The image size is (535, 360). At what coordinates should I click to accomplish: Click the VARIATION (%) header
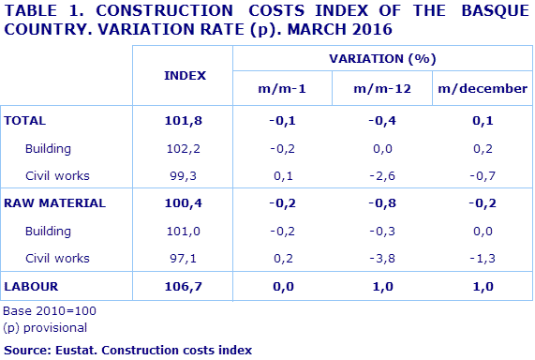(x=382, y=58)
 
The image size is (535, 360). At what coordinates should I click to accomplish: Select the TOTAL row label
(x=25, y=121)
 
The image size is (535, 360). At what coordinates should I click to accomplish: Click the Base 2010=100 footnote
(x=50, y=311)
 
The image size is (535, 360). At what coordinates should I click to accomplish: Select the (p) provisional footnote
(x=45, y=327)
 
